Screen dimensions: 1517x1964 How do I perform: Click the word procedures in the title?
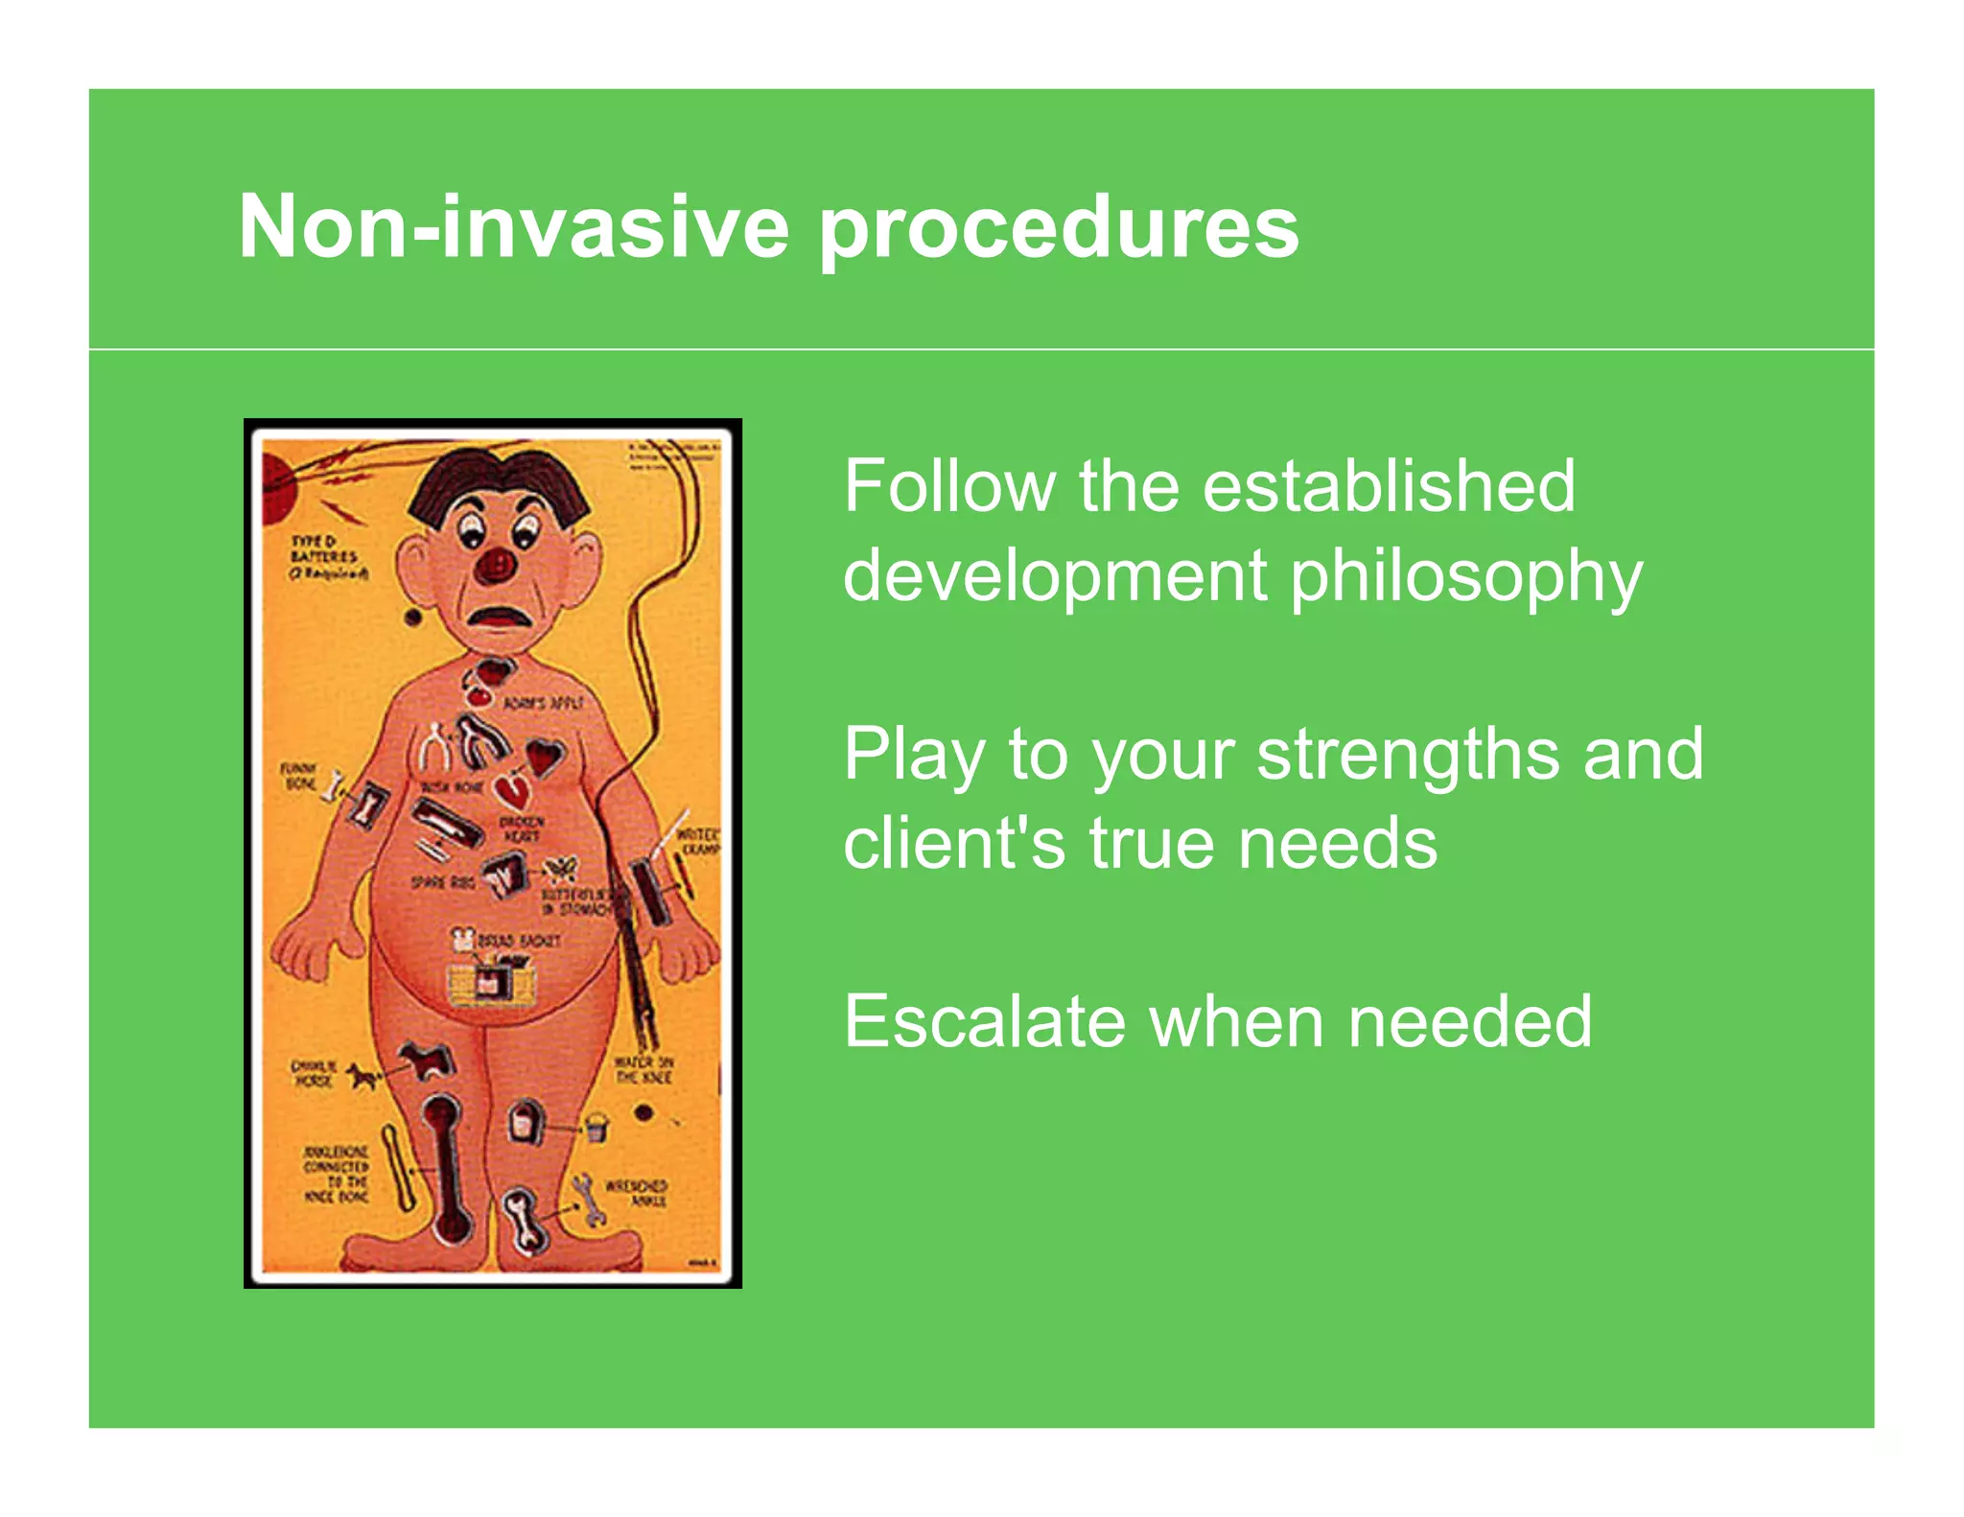click(1059, 228)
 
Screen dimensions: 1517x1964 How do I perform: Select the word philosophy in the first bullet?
click(1466, 577)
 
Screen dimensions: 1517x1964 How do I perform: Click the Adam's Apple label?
click(544, 703)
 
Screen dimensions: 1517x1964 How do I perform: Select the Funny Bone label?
click(299, 776)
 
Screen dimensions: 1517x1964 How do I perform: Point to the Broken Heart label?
click(522, 829)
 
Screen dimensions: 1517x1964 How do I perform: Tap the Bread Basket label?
click(519, 941)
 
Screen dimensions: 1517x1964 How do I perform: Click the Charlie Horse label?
click(313, 1073)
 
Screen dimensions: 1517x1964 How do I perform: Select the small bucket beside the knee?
click(596, 1128)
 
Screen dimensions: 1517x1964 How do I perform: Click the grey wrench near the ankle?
click(588, 1199)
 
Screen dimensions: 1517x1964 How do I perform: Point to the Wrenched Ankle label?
click(636, 1193)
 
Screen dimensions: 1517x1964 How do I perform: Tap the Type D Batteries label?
click(325, 557)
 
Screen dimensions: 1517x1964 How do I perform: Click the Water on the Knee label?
click(643, 1069)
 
